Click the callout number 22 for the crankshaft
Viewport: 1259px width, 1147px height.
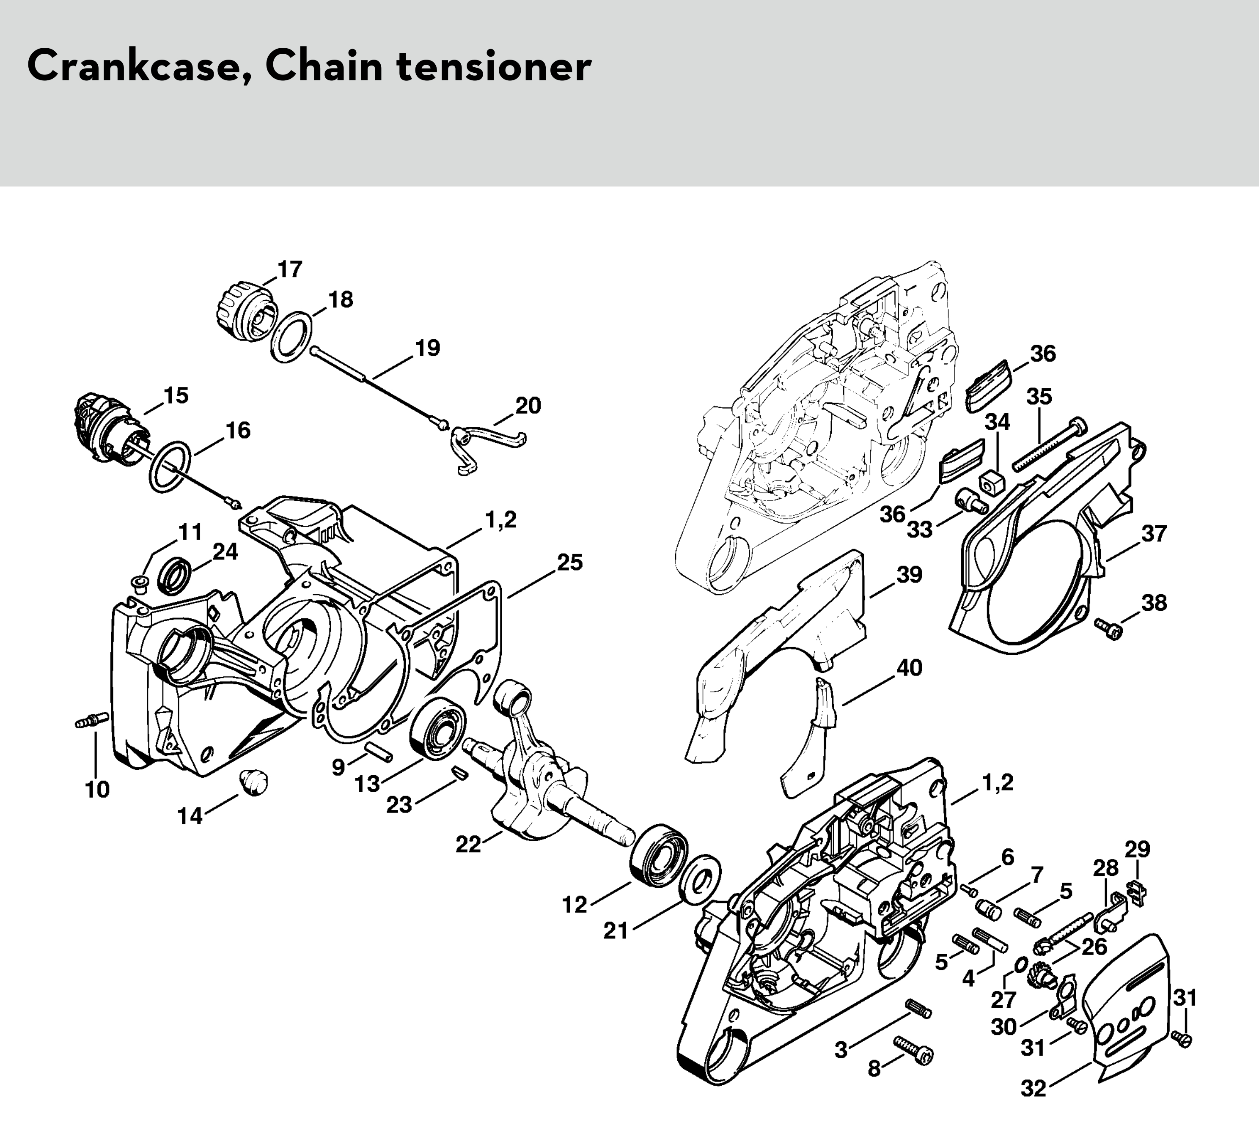point(468,844)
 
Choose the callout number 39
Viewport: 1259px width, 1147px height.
point(909,574)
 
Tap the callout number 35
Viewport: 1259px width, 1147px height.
point(1039,396)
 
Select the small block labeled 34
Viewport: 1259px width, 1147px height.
point(992,481)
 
